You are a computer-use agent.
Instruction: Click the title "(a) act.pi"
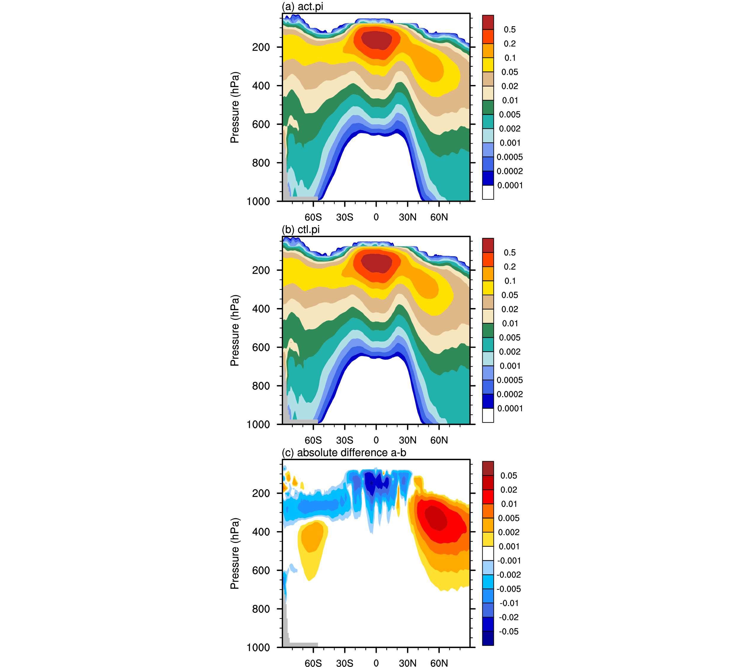pos(303,6)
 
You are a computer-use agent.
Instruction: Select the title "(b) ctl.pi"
pos(301,230)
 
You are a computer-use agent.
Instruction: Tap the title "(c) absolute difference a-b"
pos(344,453)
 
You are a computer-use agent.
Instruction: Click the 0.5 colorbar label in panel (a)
pos(510,30)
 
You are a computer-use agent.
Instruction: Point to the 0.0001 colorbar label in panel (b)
pos(510,408)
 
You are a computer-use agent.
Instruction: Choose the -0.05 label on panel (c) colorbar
pos(509,631)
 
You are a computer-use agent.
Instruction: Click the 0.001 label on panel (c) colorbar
pos(509,546)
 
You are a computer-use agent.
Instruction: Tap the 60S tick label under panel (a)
pos(313,217)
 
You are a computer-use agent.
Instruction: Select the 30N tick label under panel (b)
pos(407,440)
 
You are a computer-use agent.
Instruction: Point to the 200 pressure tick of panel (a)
pos(261,47)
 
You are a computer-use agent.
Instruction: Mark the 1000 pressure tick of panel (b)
pos(258,425)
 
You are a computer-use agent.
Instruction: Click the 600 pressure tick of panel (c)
pos(261,570)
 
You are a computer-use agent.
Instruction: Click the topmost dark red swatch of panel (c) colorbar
pos(488,468)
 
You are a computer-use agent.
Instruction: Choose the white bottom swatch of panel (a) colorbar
pos(488,192)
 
